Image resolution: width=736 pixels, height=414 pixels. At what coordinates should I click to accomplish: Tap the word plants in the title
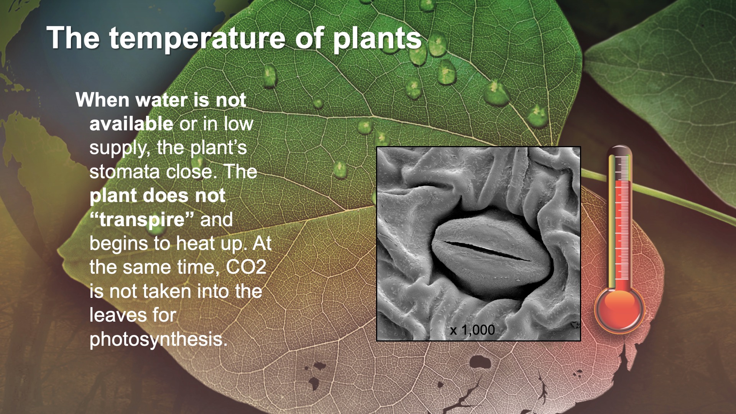click(x=377, y=39)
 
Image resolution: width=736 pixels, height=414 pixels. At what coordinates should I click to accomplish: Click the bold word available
click(x=131, y=124)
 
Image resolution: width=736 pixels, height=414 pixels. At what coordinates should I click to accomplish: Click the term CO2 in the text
click(x=246, y=267)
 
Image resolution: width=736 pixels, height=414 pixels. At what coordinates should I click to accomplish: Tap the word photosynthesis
click(x=158, y=339)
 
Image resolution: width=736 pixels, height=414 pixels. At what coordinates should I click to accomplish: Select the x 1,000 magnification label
click(x=472, y=330)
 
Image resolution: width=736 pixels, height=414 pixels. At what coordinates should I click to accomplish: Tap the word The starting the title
click(x=72, y=39)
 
